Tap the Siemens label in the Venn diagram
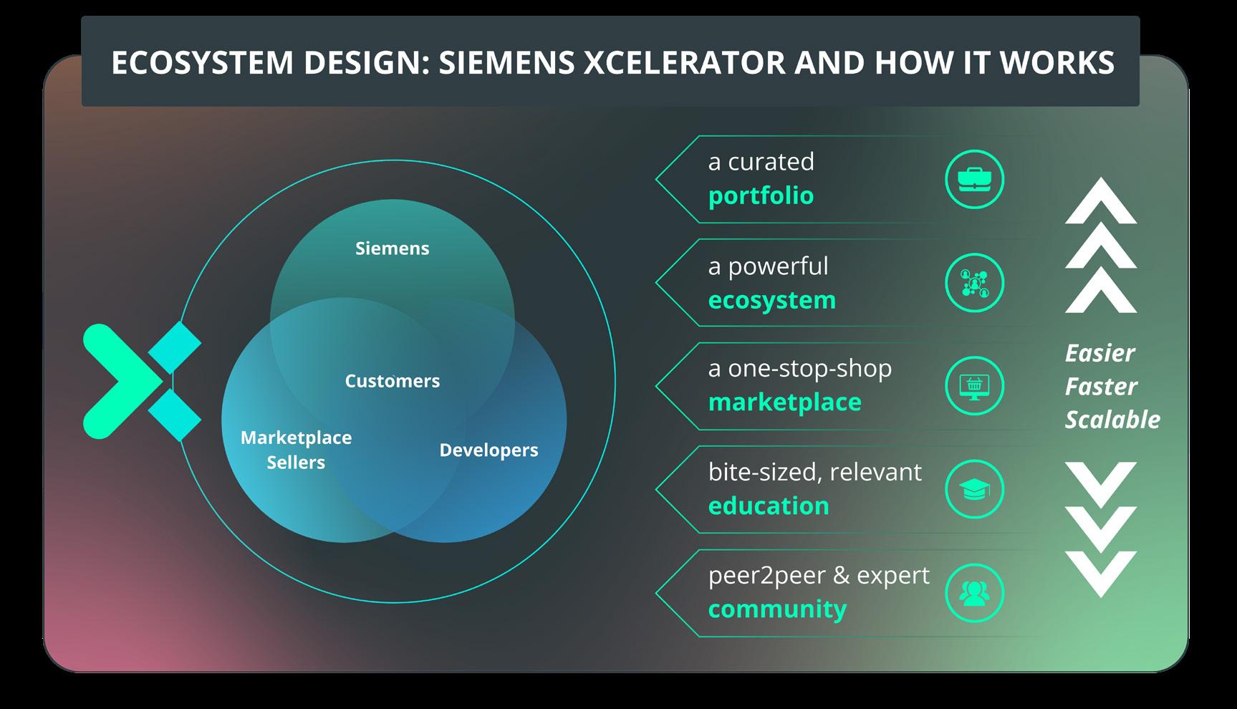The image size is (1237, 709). (x=392, y=249)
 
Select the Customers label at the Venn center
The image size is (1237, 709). (x=392, y=381)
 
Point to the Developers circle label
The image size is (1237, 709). (x=488, y=450)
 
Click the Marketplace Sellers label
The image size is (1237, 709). (x=296, y=450)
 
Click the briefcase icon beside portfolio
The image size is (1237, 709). (x=974, y=179)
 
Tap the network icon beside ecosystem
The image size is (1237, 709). (x=974, y=283)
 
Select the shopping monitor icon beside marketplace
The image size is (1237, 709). (x=974, y=386)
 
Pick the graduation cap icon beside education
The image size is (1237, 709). (x=974, y=490)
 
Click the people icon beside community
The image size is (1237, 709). (x=974, y=593)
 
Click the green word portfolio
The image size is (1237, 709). (x=761, y=196)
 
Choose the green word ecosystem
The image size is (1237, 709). (x=771, y=300)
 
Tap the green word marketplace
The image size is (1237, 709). (x=784, y=402)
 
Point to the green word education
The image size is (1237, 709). (x=768, y=506)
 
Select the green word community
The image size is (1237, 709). (x=777, y=609)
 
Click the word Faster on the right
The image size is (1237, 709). (x=1100, y=387)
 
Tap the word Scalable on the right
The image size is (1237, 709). (x=1112, y=420)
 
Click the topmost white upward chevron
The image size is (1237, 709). (x=1100, y=202)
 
